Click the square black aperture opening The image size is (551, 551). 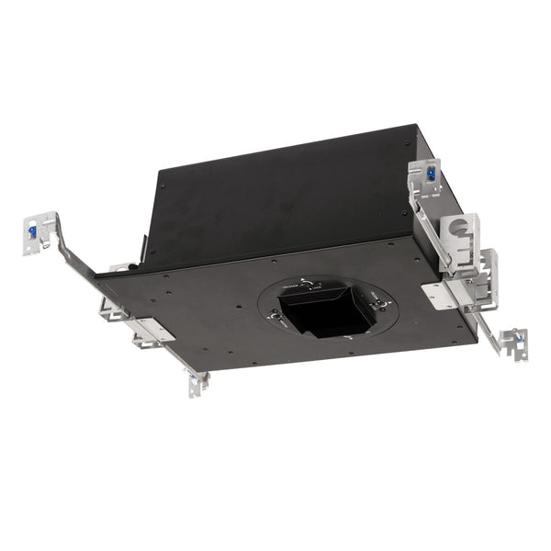[321, 314]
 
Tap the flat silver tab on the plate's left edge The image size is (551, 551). [148, 329]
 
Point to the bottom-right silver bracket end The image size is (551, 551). [512, 341]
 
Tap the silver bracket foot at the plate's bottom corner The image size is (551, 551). [197, 384]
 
